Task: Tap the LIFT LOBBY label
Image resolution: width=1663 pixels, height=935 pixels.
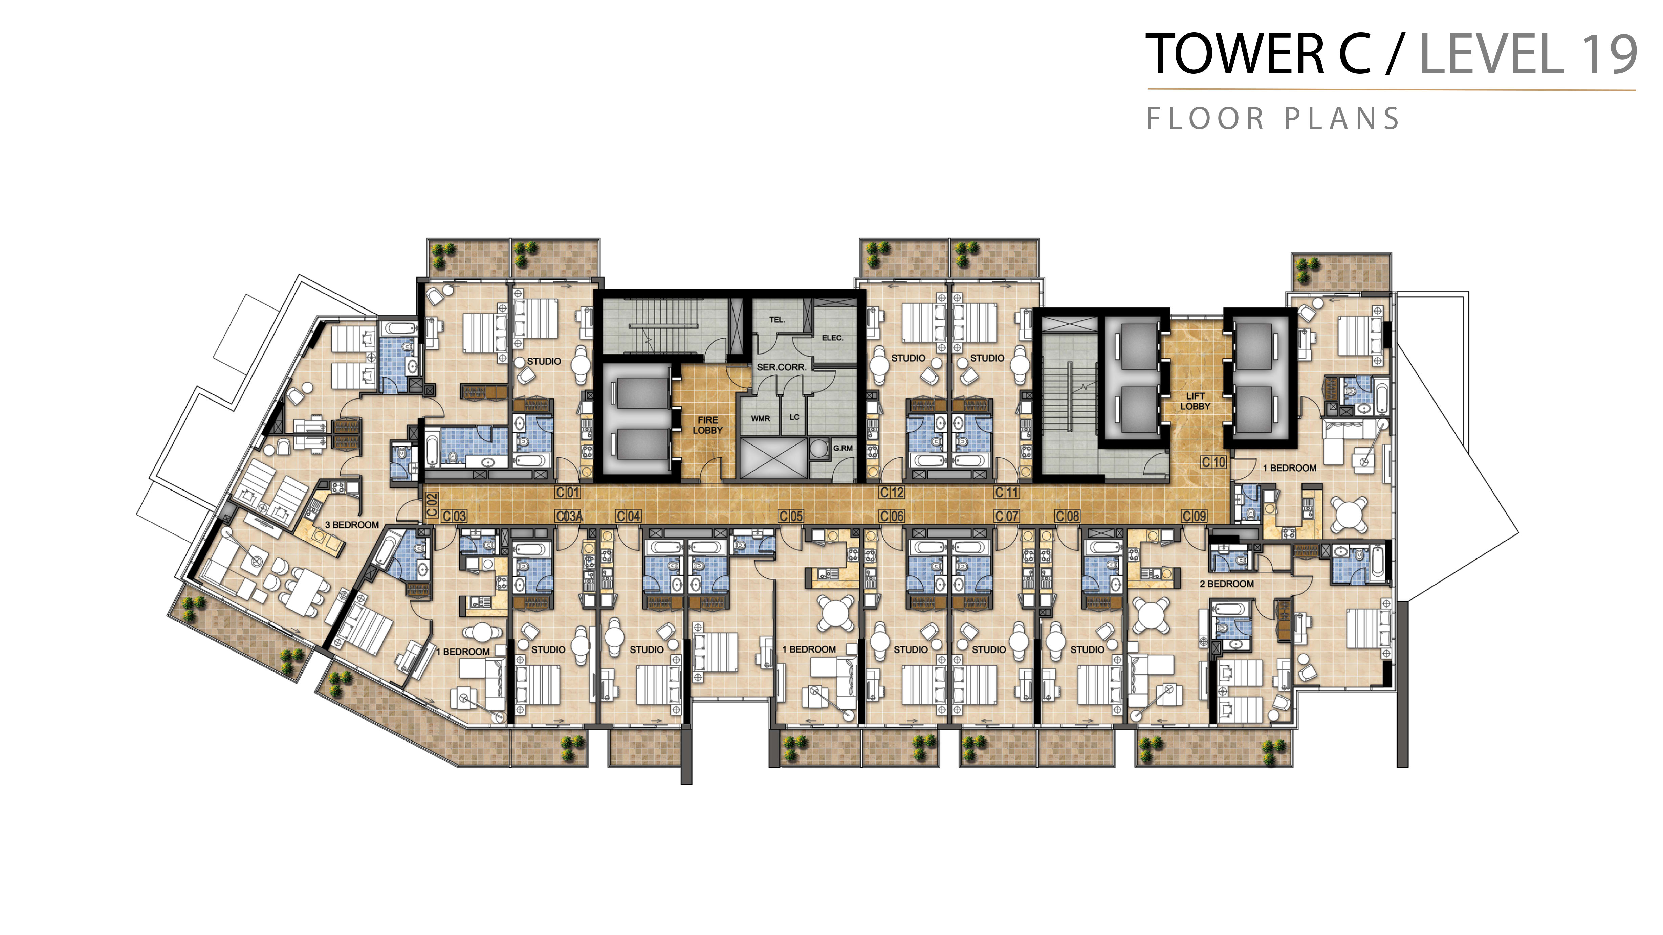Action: point(1195,401)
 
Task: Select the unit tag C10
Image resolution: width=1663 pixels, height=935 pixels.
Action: point(1214,462)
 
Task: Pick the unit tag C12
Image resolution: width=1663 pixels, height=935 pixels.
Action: point(892,492)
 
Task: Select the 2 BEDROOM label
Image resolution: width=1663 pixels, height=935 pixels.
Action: point(1227,584)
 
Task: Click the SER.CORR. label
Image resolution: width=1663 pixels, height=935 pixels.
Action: point(781,367)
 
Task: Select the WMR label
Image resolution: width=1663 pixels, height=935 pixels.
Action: point(761,419)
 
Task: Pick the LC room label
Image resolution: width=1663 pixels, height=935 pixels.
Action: point(794,417)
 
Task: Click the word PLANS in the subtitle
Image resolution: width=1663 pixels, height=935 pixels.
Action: point(1341,119)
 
